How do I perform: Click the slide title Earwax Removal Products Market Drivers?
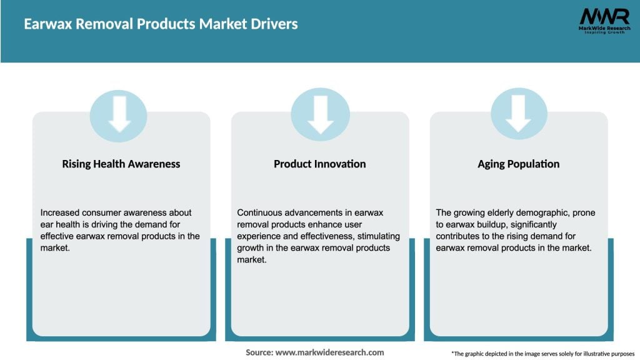point(161,24)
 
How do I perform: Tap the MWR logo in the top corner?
point(603,21)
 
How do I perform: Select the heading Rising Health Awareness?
point(121,164)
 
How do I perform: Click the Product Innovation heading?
point(319,164)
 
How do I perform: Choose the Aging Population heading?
point(518,164)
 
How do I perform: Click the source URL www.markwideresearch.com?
point(329,352)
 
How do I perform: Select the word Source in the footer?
point(259,352)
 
